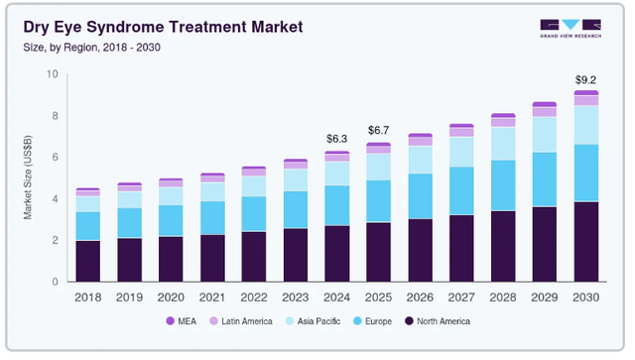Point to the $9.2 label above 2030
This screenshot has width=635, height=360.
tap(585, 78)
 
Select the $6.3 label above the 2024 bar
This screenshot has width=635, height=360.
tap(336, 138)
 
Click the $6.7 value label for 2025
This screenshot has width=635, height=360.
tap(378, 130)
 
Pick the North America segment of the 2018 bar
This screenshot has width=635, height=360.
tap(87, 261)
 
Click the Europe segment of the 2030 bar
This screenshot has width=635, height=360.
tap(585, 173)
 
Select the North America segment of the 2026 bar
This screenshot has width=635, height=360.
tap(420, 250)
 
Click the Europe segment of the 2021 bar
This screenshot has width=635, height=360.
tap(212, 217)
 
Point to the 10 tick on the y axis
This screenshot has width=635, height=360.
tap(53, 74)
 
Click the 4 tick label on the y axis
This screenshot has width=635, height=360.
tap(56, 198)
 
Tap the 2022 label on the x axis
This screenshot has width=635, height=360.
tap(254, 297)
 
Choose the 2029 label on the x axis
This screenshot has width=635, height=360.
tap(544, 297)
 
